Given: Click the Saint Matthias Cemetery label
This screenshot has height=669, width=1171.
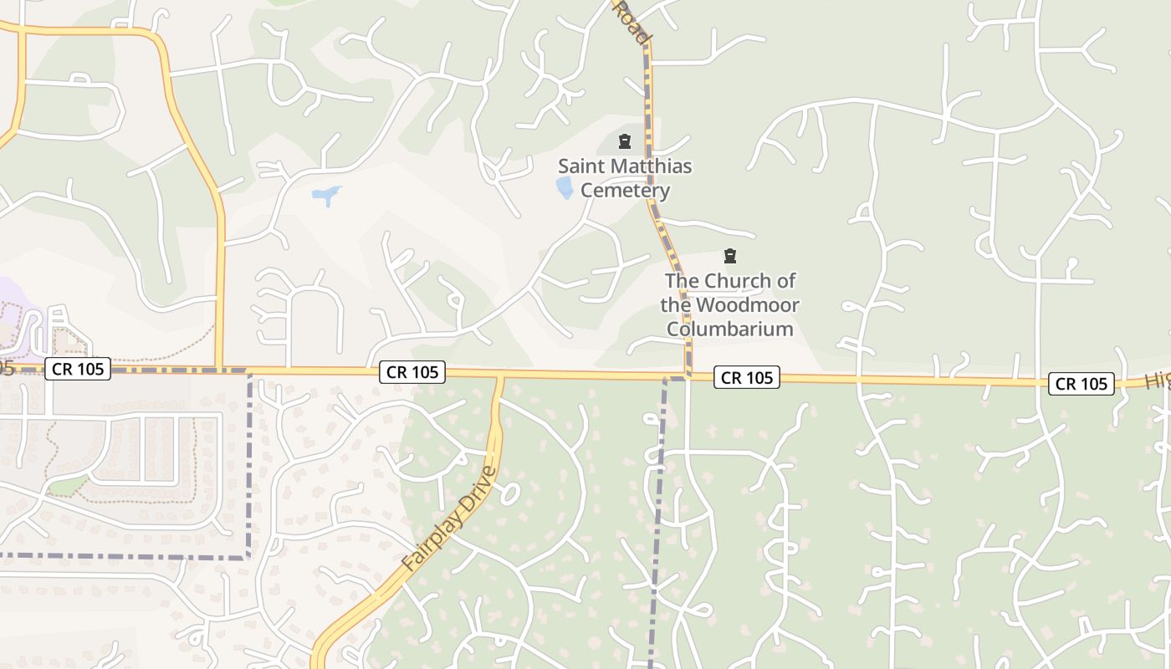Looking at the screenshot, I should pyautogui.click(x=625, y=178).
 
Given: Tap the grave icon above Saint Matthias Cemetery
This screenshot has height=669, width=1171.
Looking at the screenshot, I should pyautogui.click(x=624, y=141).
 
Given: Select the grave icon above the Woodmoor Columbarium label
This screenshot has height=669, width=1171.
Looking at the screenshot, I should pyautogui.click(x=730, y=256).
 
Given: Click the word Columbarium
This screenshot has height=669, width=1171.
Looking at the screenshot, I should pyautogui.click(x=730, y=329).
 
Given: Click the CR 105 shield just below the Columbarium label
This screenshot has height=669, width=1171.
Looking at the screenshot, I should pyautogui.click(x=747, y=377).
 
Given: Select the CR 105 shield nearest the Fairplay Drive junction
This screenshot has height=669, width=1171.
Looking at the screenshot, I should pyautogui.click(x=412, y=372).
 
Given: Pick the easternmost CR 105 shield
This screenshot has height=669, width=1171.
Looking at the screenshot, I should pyautogui.click(x=1082, y=384).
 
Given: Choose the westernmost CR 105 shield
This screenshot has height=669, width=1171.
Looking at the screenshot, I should pyautogui.click(x=78, y=369).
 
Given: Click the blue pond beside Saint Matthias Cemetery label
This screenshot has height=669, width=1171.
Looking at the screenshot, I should pyautogui.click(x=565, y=187).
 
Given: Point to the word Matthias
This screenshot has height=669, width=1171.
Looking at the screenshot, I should pyautogui.click(x=650, y=166).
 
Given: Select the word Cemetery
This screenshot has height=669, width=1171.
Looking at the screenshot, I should pyautogui.click(x=625, y=191).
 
